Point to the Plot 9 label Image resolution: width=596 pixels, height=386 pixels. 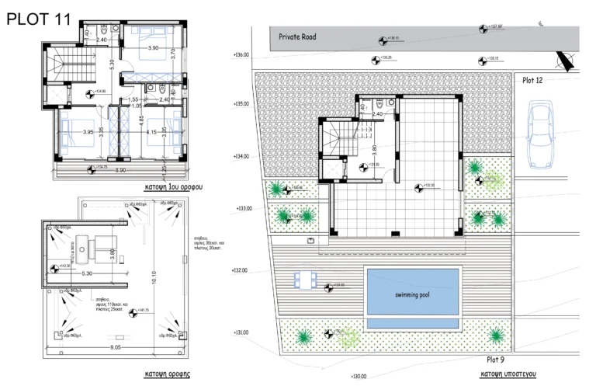(x=496, y=360)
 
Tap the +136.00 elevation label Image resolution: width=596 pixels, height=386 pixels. (x=241, y=55)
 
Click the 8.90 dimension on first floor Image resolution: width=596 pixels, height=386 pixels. (x=121, y=169)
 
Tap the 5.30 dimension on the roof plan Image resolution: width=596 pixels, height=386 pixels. (x=86, y=273)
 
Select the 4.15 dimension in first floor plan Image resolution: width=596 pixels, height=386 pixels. (x=151, y=133)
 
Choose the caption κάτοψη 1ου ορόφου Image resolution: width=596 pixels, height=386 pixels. (x=168, y=188)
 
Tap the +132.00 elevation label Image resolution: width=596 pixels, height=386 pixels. (x=241, y=271)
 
